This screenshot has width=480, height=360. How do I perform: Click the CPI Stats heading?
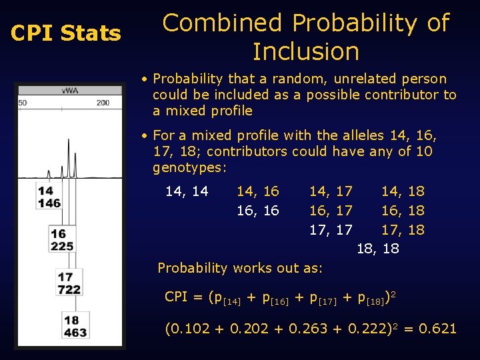66,33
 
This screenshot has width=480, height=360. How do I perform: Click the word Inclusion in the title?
306,51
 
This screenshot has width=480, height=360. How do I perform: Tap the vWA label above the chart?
69,91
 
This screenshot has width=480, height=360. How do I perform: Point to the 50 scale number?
22,103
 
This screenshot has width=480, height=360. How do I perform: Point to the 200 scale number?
103,103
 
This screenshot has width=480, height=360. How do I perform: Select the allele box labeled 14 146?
49,197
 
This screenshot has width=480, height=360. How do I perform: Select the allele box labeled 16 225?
61,240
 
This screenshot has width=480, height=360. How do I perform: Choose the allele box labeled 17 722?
69,283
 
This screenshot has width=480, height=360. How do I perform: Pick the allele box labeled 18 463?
75,326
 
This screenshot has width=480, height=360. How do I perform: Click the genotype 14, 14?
186,192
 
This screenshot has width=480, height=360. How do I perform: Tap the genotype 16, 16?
257,211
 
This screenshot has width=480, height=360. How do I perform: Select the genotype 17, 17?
330,231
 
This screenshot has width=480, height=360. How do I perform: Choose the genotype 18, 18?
378,249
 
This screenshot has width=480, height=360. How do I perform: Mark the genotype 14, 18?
403,192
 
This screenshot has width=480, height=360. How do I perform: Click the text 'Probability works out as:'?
239,268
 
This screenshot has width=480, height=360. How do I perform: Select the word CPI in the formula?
176,297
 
